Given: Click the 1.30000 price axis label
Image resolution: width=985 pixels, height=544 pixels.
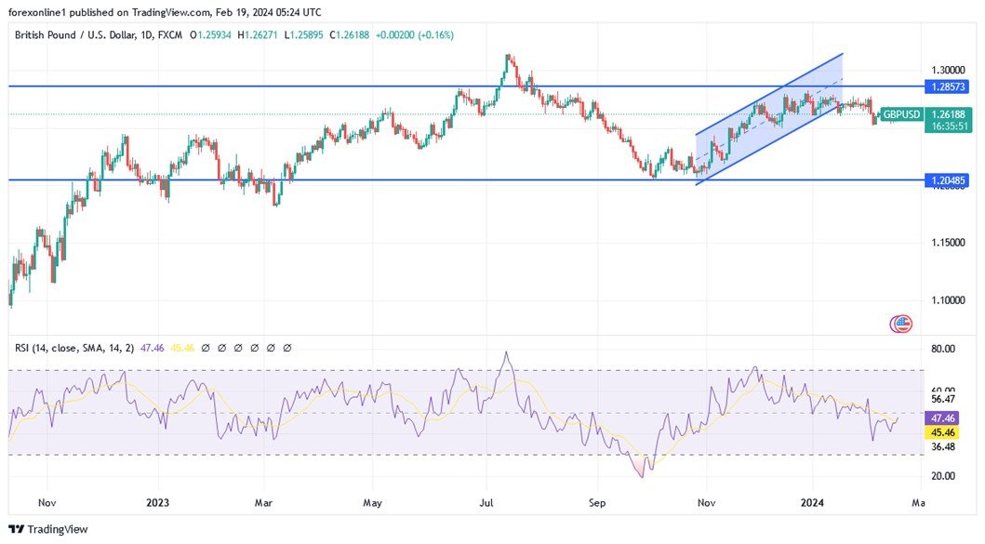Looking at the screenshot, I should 947,70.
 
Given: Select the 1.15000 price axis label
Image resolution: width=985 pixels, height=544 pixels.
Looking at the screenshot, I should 947,243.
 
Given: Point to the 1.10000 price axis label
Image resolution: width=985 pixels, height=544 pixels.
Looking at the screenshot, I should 947,300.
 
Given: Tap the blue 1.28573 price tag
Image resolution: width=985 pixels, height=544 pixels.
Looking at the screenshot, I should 949,86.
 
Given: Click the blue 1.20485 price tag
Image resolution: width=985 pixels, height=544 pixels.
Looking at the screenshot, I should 949,179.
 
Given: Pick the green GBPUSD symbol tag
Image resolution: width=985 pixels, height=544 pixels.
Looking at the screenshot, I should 901,114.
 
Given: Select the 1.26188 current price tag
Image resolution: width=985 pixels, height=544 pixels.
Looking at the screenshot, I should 949,114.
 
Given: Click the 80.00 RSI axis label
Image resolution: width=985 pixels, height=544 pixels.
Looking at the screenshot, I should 943,349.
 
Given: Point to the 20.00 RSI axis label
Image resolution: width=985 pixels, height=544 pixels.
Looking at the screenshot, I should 943,476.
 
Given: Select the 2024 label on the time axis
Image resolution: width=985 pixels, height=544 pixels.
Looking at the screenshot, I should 814,503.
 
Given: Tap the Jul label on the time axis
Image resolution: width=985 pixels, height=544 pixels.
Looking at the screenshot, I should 486,503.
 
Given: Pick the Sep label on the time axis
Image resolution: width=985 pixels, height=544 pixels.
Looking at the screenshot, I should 597,503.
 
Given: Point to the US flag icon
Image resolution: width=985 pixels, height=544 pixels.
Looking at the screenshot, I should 901,324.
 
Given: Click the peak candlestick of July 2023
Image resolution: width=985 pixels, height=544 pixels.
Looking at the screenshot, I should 508,59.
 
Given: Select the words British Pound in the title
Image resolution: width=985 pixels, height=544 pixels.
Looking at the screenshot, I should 47,35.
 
